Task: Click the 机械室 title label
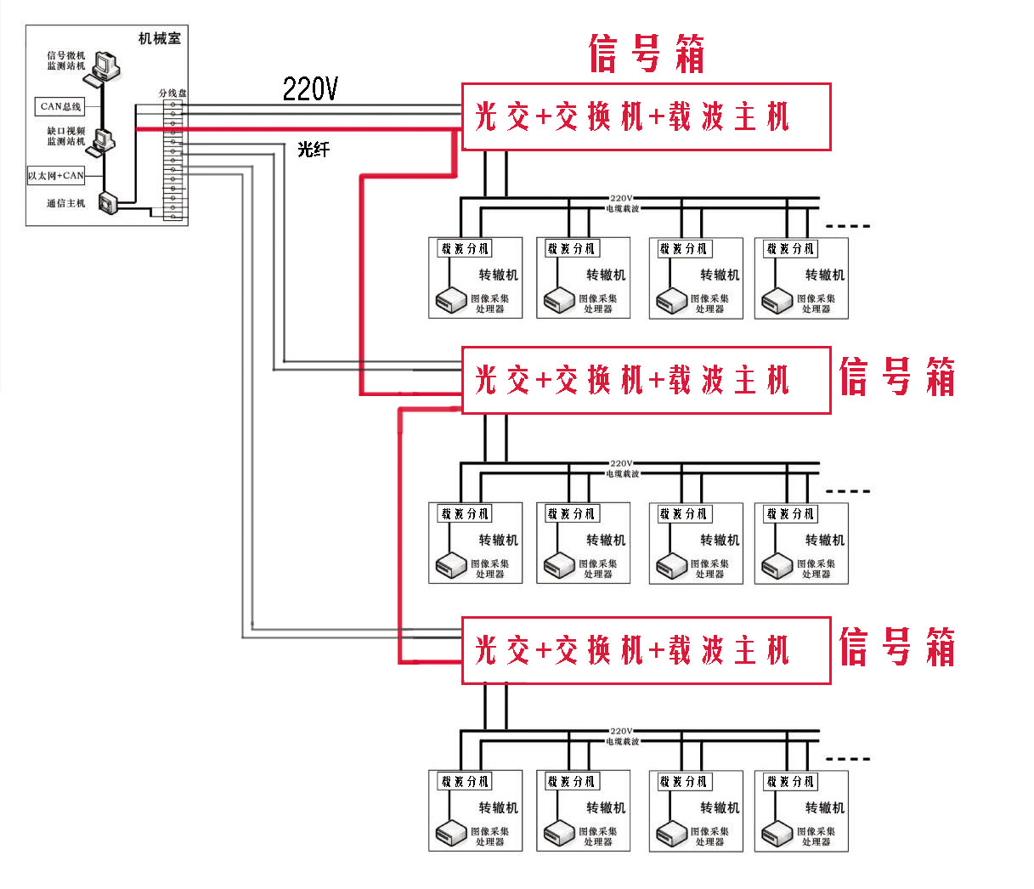pos(159,38)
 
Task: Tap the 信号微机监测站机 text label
pos(65,60)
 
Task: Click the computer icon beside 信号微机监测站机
pos(106,65)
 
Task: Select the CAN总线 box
pos(60,106)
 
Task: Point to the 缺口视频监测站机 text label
pos(65,136)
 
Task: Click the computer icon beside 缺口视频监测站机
pos(105,140)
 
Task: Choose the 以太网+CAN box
pos(56,176)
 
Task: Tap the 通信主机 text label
pos(65,203)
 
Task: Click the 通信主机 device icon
pos(109,203)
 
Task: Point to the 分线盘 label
pos(172,93)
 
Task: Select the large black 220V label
pos(310,89)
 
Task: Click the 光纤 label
pos(313,150)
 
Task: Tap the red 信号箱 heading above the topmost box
pos(647,54)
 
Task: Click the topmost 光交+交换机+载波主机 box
pos(646,117)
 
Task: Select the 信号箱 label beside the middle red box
pos(897,377)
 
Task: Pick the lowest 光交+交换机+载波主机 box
pos(646,650)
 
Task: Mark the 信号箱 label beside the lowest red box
pos(897,648)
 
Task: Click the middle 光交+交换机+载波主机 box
pos(646,381)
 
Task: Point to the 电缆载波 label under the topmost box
pos(622,208)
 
